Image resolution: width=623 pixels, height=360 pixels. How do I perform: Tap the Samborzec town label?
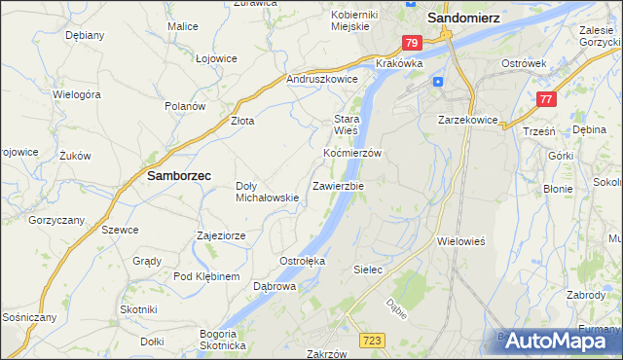coord(179,177)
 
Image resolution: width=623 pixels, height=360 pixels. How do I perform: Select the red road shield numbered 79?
coord(412,43)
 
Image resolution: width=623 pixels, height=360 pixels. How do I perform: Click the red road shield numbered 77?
coord(547,98)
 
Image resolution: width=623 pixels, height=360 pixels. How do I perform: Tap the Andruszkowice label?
coord(321,79)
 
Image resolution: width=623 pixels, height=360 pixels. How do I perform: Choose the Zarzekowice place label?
coord(468,120)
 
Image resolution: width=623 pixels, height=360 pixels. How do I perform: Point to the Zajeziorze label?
coord(220,235)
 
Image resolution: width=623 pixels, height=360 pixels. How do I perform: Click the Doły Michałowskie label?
coord(267,192)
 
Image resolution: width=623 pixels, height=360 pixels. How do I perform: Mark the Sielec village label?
coord(366,268)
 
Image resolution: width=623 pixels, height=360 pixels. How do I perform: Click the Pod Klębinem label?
coord(206,277)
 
